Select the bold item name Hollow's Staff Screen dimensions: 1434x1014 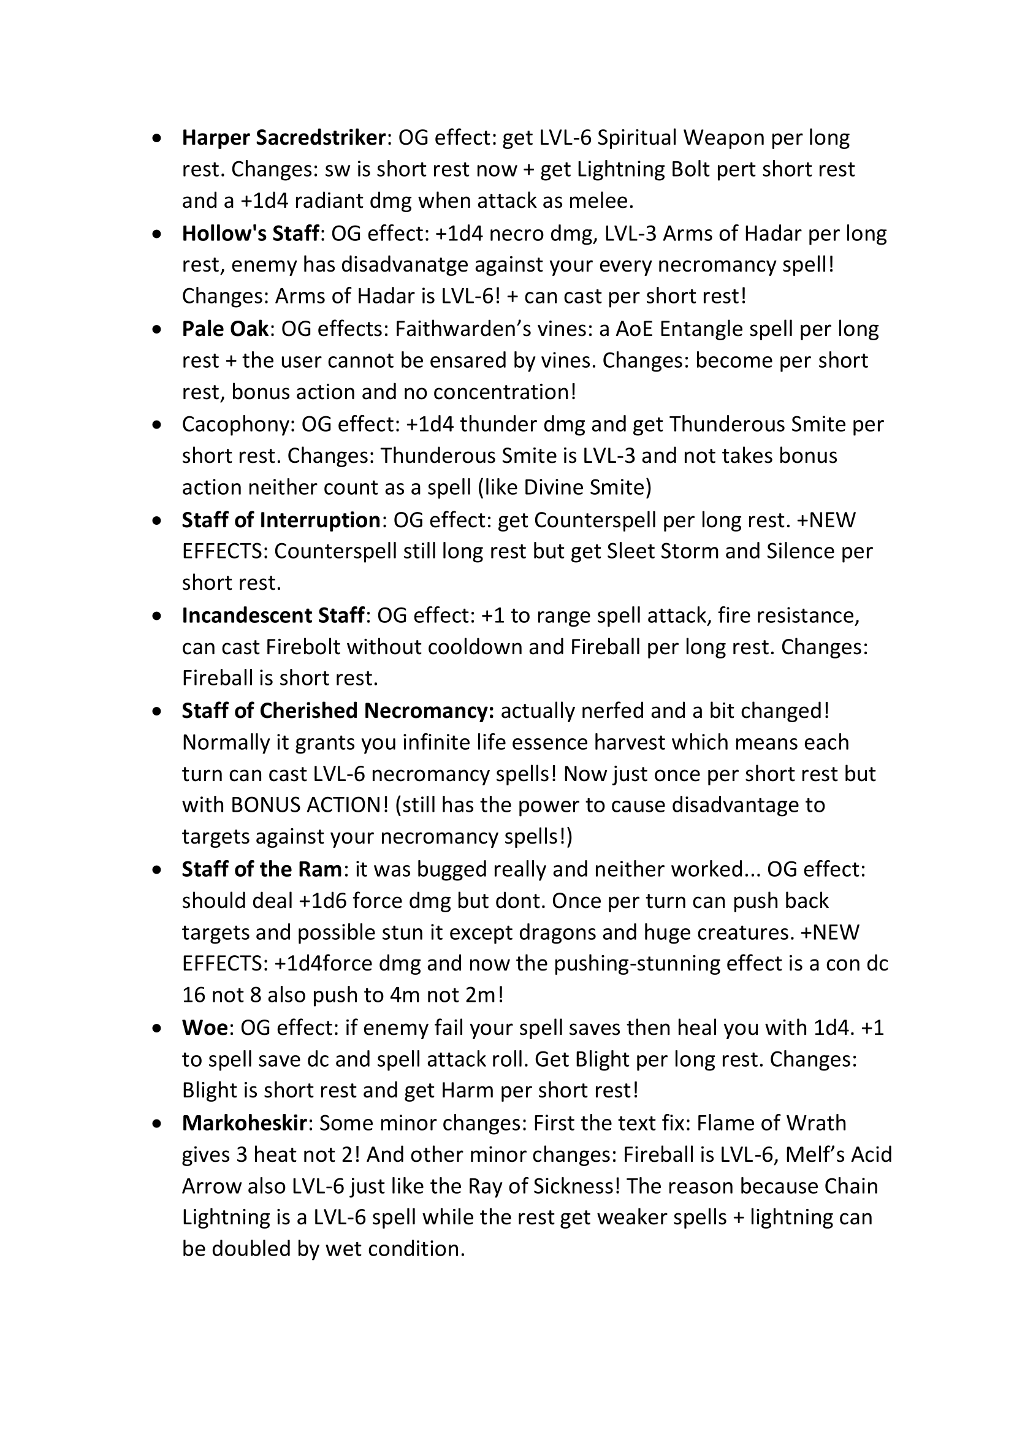tap(250, 234)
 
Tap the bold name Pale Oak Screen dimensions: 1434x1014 tap(226, 329)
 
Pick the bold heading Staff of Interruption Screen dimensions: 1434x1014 tap(281, 521)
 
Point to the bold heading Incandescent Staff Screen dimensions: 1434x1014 tap(273, 616)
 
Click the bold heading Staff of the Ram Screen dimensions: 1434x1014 tap(262, 869)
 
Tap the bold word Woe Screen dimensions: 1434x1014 tap(204, 1028)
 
